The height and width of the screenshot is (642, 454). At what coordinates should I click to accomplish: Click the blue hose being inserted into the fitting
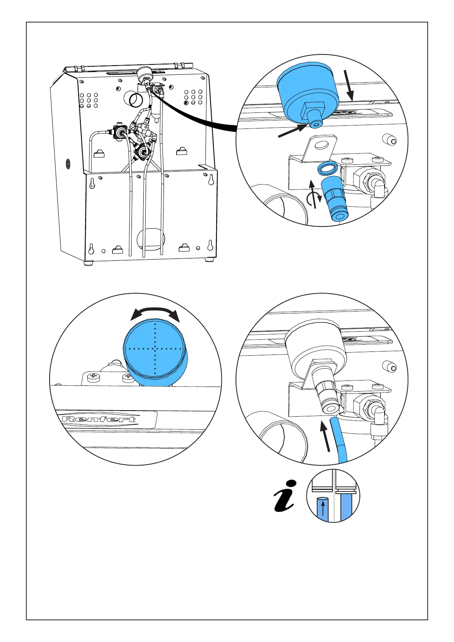pos(338,438)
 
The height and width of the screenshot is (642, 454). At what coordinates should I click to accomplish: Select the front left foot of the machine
pos(88,263)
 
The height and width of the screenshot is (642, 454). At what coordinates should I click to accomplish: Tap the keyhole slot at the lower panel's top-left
pos(92,183)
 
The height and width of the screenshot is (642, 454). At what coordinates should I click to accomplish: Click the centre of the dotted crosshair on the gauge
pos(155,348)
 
